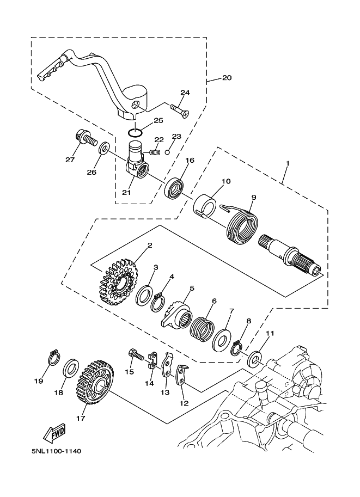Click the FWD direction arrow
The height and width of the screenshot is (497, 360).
pos(54,433)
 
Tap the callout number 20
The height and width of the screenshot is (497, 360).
pos(227,77)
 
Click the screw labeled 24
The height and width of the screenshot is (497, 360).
pos(180,110)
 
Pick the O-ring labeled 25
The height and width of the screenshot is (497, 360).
pos(136,132)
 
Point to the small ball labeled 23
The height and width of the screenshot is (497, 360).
pos(168,152)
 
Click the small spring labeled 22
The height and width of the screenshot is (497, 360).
pos(154,152)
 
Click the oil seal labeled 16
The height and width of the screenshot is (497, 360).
pos(173,189)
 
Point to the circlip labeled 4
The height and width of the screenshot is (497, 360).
pos(157,303)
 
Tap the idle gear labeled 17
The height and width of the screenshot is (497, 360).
pos(95,382)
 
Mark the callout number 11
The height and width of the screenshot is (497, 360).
pos(270,333)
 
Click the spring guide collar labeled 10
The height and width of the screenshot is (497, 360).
pos(205,206)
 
